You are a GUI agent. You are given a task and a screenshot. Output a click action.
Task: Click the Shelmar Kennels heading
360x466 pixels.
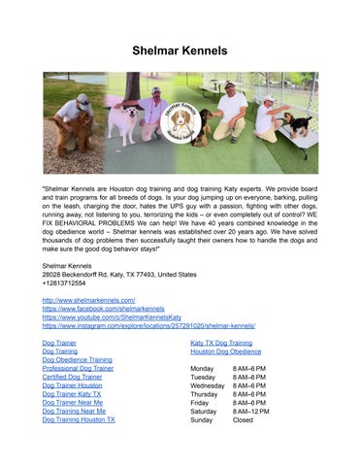click(x=180, y=49)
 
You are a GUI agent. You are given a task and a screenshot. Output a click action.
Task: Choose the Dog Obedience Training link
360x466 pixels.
click(x=78, y=360)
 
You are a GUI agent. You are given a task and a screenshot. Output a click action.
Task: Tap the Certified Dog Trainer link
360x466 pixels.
click(x=72, y=377)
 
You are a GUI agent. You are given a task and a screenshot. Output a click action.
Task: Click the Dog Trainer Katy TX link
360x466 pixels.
click(x=71, y=394)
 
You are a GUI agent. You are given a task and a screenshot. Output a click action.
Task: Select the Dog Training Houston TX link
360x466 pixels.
click(x=79, y=420)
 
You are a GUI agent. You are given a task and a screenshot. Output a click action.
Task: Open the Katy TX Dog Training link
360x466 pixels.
click(x=221, y=344)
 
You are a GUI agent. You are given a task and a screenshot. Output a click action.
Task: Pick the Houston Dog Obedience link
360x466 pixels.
click(x=225, y=352)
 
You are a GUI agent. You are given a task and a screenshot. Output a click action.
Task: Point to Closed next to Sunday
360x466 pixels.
click(x=244, y=420)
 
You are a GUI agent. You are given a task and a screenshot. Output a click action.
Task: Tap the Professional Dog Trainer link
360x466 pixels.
click(x=78, y=369)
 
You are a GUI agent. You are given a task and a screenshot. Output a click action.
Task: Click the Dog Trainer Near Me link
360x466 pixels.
click(x=72, y=403)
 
